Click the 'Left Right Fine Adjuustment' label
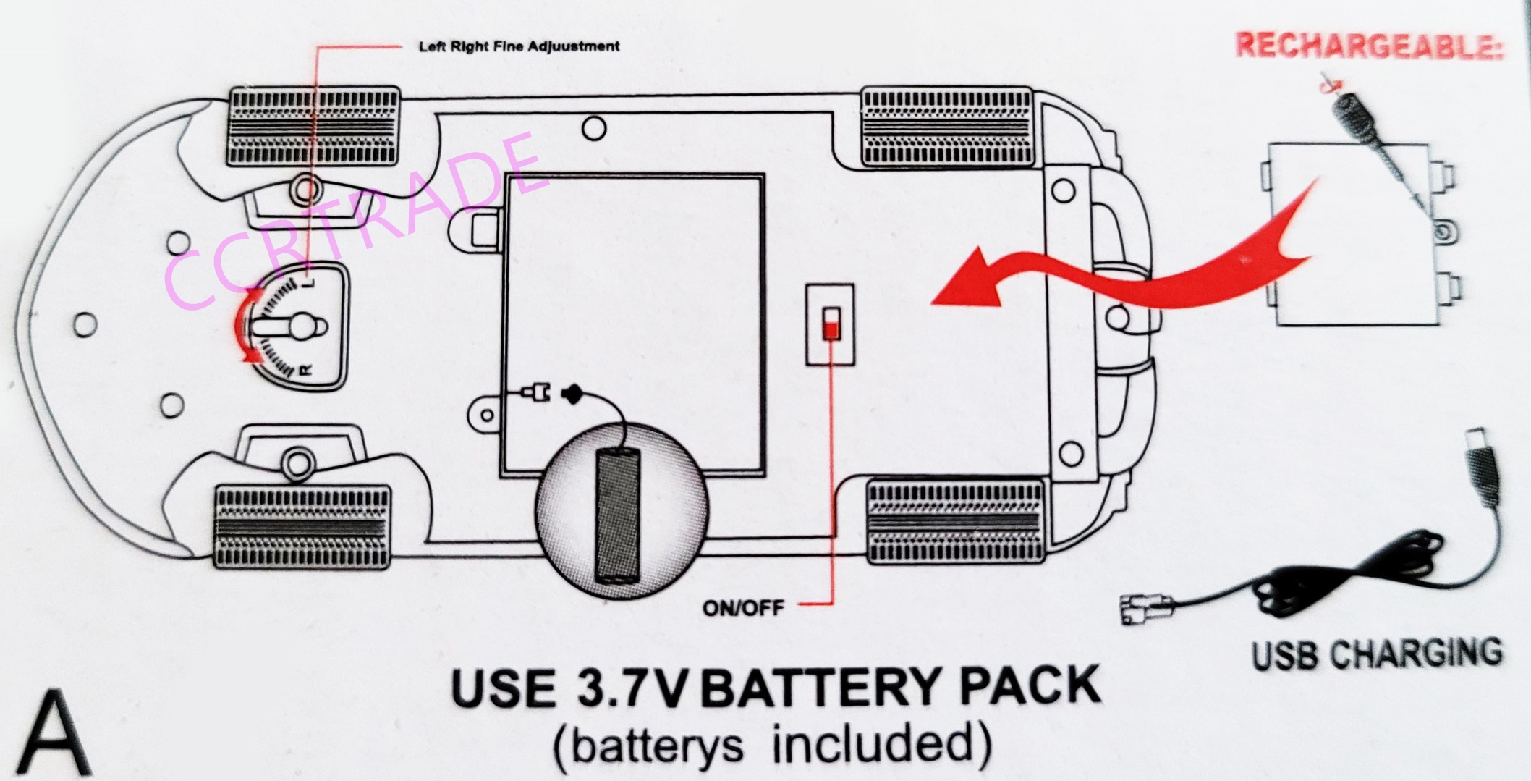coord(519,46)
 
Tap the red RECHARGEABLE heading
coord(1368,46)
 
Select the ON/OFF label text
coord(743,607)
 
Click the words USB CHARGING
coord(1377,654)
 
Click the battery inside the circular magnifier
coord(618,515)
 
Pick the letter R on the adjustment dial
coord(305,371)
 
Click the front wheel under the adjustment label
coord(313,126)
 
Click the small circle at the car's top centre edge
coord(594,129)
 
